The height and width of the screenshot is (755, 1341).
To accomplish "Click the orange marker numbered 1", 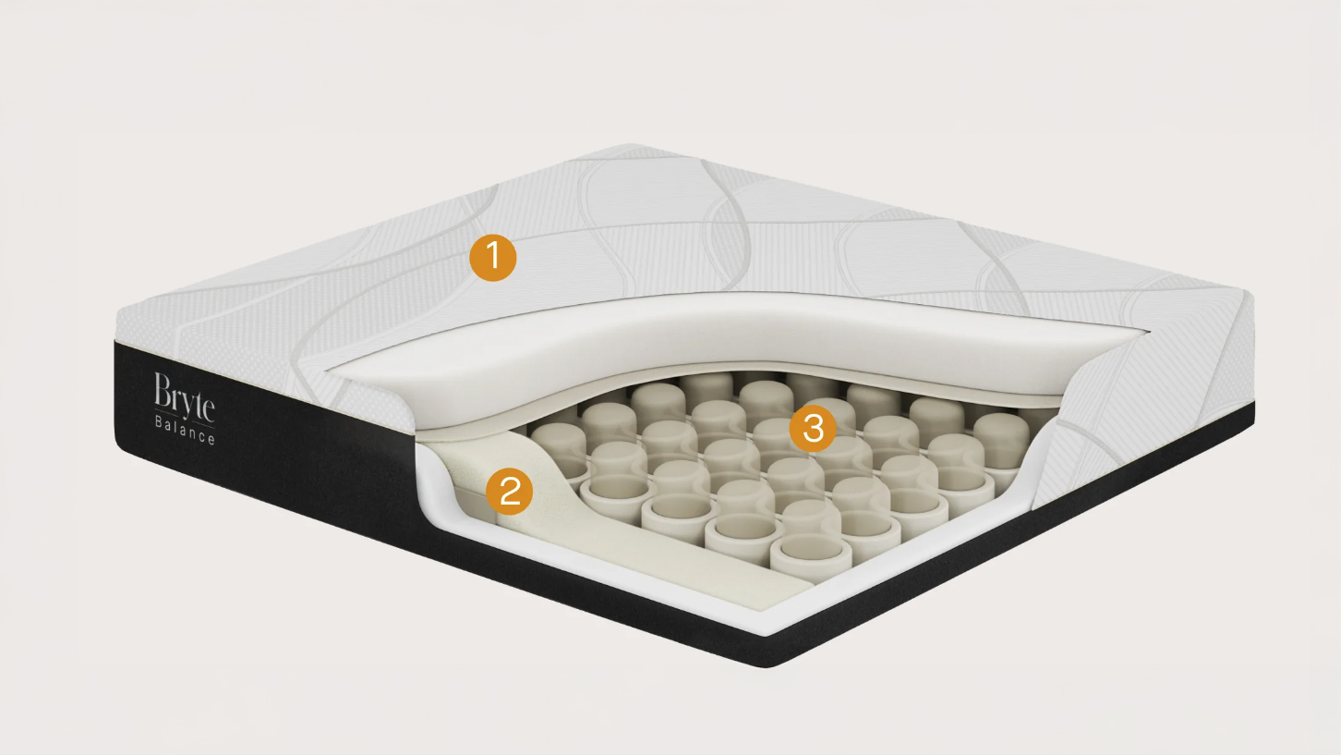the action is point(492,258).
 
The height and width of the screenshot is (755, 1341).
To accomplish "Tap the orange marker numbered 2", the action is point(509,492).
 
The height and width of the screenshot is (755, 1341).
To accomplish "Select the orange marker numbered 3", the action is point(813,429).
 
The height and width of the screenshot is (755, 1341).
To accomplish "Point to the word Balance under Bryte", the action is point(185,430).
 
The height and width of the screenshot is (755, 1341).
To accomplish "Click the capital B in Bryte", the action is point(163,389).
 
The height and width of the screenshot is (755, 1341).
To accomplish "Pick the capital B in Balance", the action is point(159,420).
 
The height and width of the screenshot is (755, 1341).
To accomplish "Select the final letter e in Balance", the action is point(211,440).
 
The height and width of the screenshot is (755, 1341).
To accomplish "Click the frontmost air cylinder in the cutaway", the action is point(809,558).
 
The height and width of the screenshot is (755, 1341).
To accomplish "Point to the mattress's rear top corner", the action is point(629,146).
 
